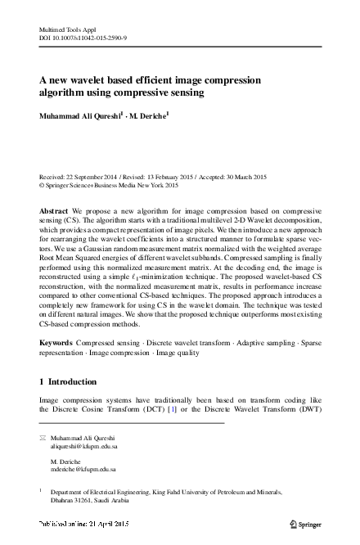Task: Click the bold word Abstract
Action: tap(54, 210)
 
